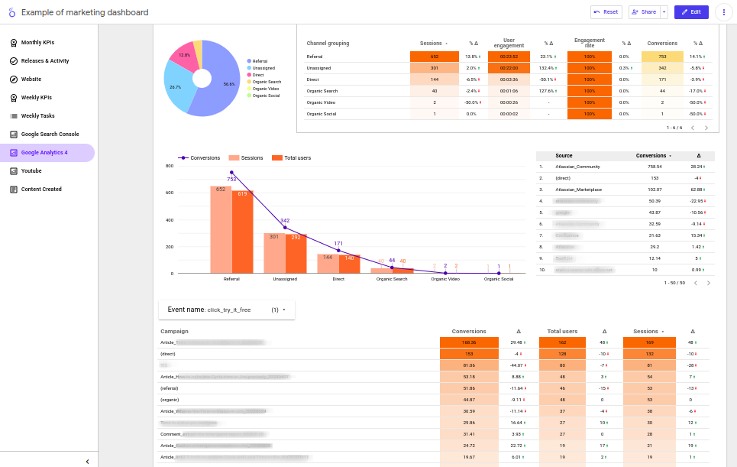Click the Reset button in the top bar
click(x=606, y=12)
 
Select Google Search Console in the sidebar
click(x=49, y=134)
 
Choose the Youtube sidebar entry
click(x=31, y=170)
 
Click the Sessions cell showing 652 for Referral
click(x=434, y=57)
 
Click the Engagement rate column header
click(x=590, y=43)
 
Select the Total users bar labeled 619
click(x=243, y=229)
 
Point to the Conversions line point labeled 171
click(x=338, y=251)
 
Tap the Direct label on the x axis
click(x=338, y=280)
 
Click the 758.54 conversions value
click(x=655, y=166)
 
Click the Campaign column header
click(x=174, y=332)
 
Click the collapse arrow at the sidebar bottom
click(x=87, y=461)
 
